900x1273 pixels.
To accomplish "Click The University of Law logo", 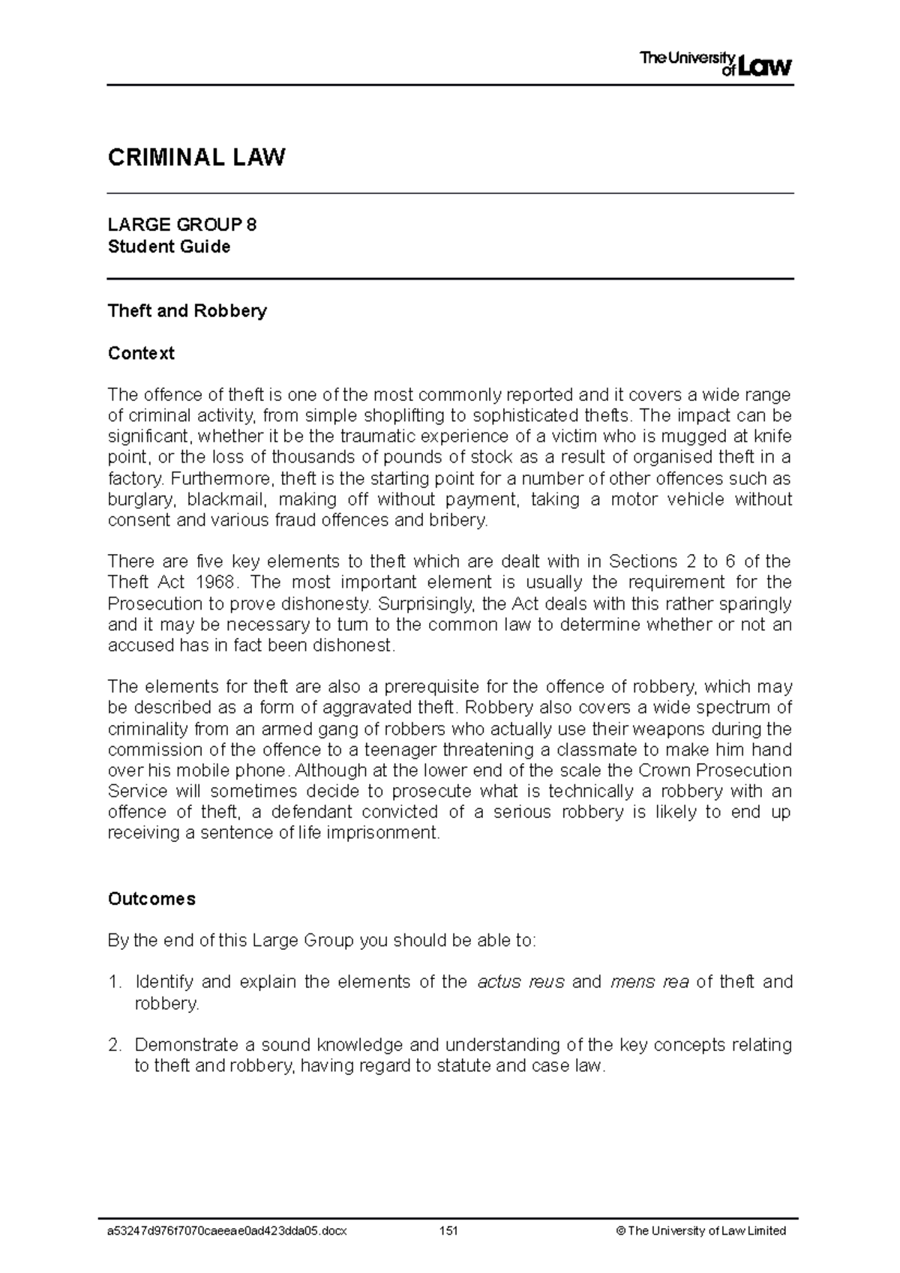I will click(x=715, y=64).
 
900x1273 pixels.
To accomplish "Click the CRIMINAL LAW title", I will click(x=196, y=157).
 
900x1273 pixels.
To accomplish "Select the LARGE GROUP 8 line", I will click(x=182, y=225).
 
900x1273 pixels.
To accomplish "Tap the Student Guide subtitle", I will click(x=169, y=247).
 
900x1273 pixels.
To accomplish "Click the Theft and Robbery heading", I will click(x=187, y=310).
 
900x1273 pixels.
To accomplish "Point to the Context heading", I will click(x=141, y=353).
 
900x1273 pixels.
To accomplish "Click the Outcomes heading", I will click(x=151, y=899).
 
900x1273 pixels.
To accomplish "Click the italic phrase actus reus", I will click(x=520, y=982).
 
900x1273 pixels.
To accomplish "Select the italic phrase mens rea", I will click(x=649, y=982).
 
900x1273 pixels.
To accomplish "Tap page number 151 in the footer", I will click(x=448, y=1230).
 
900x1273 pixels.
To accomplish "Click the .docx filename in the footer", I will click(x=227, y=1230).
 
